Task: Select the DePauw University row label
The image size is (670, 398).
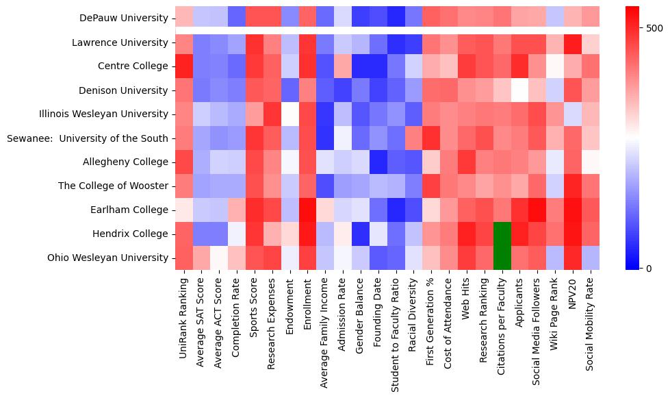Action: tap(123, 18)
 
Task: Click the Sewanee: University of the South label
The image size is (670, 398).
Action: tap(87, 138)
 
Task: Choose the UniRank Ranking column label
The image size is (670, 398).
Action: tap(184, 312)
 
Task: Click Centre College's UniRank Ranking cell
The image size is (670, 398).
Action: tap(184, 66)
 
